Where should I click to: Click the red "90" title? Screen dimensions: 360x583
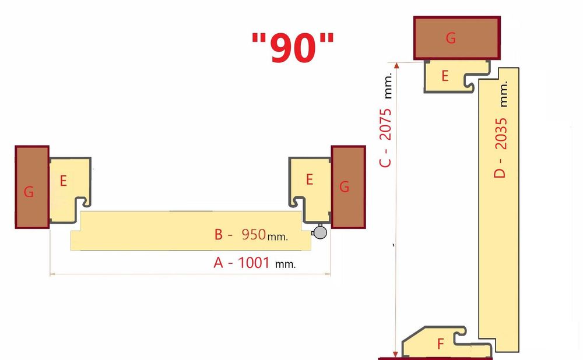coord(293,48)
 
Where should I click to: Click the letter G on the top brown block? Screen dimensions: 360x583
coord(451,38)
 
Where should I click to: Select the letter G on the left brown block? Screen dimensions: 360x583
coord(29,192)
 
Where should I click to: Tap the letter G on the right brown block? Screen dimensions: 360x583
coord(344,187)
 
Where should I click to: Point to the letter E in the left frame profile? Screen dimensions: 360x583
coord(63,181)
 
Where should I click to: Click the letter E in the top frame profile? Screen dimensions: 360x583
coord(445,76)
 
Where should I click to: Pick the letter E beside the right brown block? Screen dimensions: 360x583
coord(310,179)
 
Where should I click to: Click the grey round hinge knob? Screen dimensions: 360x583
coord(319,232)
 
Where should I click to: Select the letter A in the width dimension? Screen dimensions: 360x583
coord(219,263)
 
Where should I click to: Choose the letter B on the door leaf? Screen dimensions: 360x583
coord(219,235)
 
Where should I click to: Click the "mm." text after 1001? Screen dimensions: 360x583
coord(285,264)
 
